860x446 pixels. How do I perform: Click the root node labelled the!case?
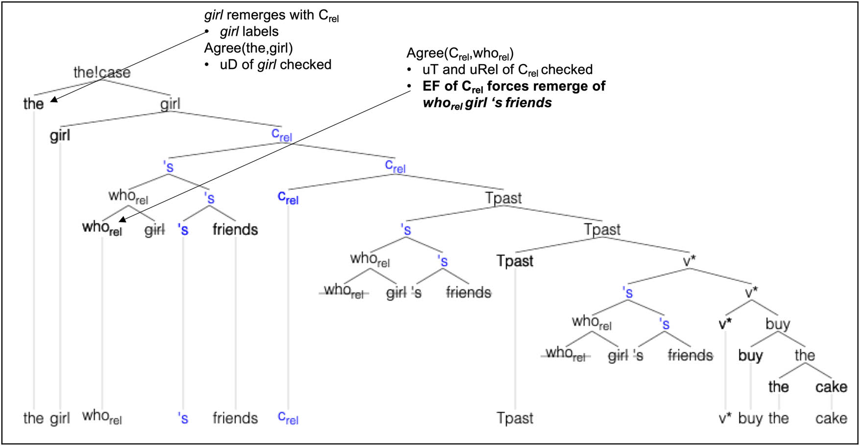click(x=102, y=72)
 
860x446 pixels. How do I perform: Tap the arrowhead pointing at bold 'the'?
click(x=53, y=100)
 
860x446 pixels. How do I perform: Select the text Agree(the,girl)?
click(x=248, y=48)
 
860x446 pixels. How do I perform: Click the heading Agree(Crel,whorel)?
click(x=460, y=53)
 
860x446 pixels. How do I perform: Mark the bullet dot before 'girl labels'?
click(x=207, y=32)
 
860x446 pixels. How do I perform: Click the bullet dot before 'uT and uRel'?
click(x=409, y=70)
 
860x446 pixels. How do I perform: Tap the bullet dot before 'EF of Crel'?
click(x=409, y=86)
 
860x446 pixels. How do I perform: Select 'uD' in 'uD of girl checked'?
click(x=229, y=65)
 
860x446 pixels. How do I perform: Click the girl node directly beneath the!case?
click(x=170, y=104)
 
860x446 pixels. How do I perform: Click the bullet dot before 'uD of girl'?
click(x=207, y=65)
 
